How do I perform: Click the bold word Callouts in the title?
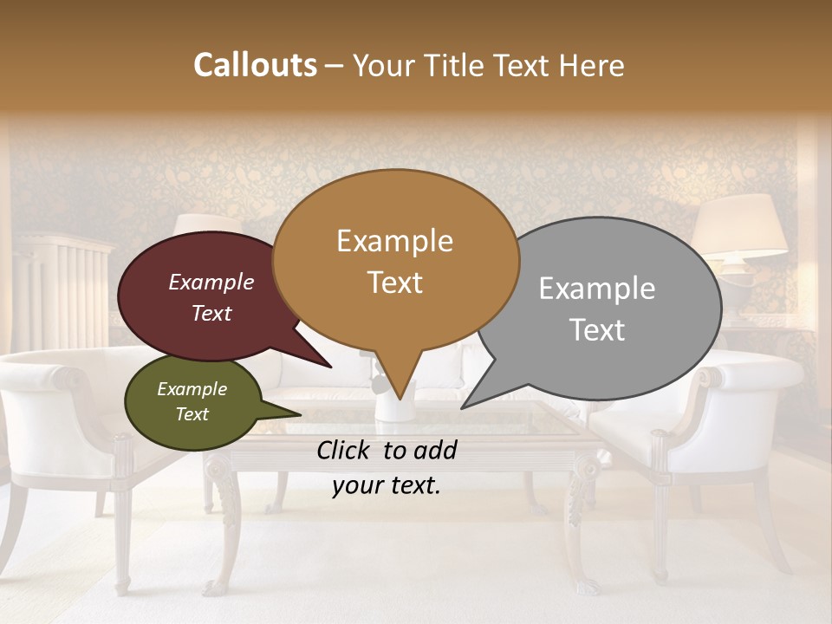[255, 65]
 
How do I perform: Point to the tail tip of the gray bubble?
[464, 406]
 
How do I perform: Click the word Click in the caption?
[344, 450]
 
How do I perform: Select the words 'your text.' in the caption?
[387, 485]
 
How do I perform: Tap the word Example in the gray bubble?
[597, 289]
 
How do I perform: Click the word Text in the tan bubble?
[395, 283]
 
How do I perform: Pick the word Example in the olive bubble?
[192, 389]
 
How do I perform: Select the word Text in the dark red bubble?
[211, 313]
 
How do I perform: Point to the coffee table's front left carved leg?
[224, 520]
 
